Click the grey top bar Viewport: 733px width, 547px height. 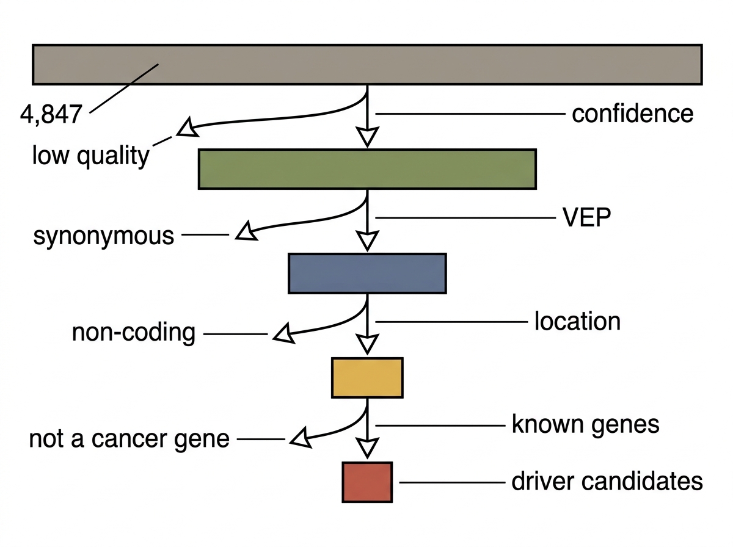[x=367, y=65]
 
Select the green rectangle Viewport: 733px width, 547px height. [x=367, y=169]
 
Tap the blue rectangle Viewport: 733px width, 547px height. [x=367, y=273]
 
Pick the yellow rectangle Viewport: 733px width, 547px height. [x=367, y=378]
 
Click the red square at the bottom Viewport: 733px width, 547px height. [x=367, y=482]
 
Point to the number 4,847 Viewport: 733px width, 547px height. [x=51, y=115]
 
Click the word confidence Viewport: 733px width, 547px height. [x=632, y=114]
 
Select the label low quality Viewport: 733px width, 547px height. [x=90, y=156]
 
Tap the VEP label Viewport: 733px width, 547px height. [x=587, y=217]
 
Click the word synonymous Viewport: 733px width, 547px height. [x=103, y=236]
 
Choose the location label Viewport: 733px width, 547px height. [x=577, y=321]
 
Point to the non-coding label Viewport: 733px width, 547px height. [x=134, y=333]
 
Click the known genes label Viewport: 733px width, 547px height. [x=585, y=425]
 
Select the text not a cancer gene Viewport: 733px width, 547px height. [x=129, y=439]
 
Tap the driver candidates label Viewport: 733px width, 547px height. [x=607, y=481]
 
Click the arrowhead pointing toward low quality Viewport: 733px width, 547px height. [x=188, y=127]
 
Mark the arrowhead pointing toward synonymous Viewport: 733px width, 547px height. [x=246, y=231]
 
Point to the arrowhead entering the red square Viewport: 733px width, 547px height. [x=367, y=448]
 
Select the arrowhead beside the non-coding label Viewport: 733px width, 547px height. [x=284, y=333]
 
